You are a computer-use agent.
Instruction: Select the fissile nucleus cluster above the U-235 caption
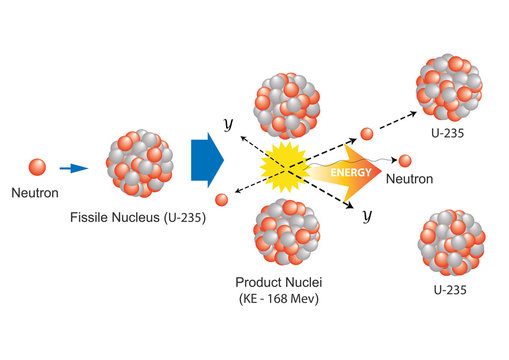(x=139, y=164)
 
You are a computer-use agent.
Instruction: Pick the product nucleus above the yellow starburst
(x=288, y=104)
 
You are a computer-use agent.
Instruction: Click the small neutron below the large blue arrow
(x=221, y=200)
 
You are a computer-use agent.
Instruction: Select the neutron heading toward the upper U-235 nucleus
(x=367, y=134)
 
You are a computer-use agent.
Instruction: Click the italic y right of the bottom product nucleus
(x=367, y=214)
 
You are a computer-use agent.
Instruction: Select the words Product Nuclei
(x=285, y=282)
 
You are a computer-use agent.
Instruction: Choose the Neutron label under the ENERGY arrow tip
(x=409, y=180)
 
